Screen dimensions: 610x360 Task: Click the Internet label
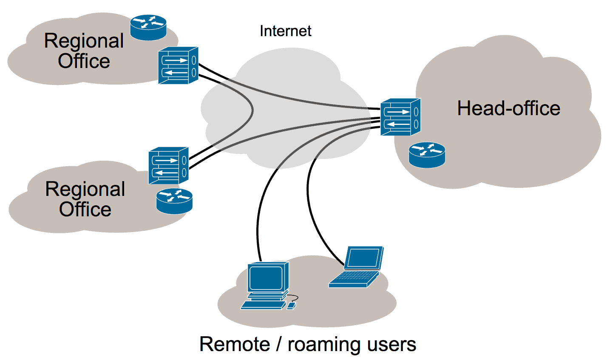pos(285,31)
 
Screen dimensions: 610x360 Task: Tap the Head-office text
pos(509,108)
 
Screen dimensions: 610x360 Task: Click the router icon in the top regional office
pos(148,28)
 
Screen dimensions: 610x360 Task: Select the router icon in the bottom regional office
pos(174,201)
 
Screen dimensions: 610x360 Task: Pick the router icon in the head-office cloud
pos(427,155)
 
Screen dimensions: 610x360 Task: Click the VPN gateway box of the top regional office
pos(178,65)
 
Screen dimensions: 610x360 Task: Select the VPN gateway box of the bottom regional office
pos(169,166)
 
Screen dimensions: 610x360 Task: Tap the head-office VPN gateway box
pos(400,117)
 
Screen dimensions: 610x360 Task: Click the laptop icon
pos(356,266)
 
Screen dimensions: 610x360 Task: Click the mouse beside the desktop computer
pos(291,306)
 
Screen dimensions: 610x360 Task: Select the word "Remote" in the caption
pos(235,344)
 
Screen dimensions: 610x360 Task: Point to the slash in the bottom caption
pos(278,344)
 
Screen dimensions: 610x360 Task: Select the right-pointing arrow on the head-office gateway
pos(399,112)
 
